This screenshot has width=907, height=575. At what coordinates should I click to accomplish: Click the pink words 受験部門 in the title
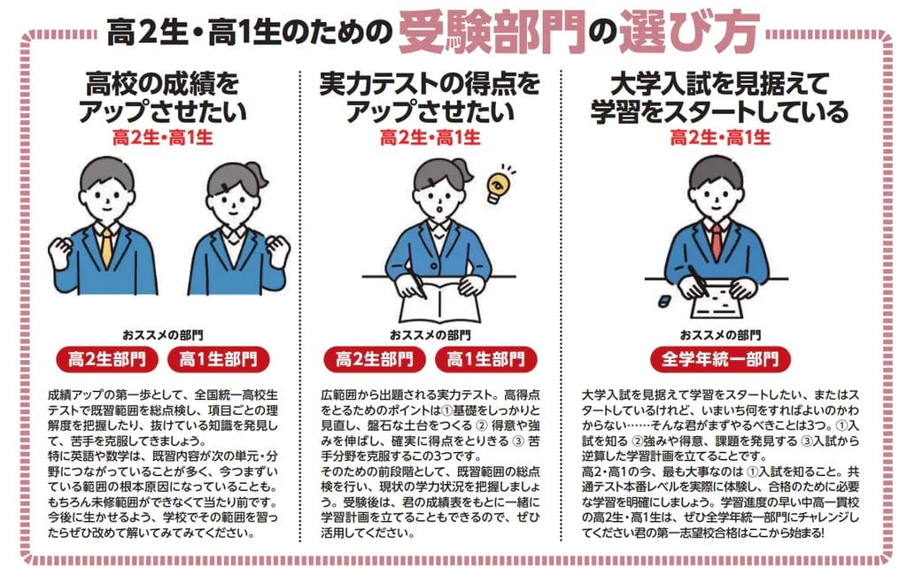pos(492,32)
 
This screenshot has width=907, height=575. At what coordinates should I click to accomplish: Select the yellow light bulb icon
pos(499,179)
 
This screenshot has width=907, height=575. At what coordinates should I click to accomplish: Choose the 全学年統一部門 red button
pos(720,359)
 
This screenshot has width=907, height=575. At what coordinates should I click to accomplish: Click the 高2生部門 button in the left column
pos(106,359)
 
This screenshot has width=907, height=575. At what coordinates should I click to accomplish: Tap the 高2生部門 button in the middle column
pos(373,359)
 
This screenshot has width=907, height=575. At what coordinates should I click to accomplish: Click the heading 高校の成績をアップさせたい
pos(162,98)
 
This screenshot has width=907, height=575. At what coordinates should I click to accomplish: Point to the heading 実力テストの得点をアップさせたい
pos(430,98)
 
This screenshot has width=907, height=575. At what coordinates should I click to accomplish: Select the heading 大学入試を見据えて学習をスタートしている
pos(719,98)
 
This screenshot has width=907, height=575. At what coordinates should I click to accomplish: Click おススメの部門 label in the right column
pos(720,335)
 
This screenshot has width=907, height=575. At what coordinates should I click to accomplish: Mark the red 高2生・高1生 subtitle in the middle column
pos(430,138)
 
